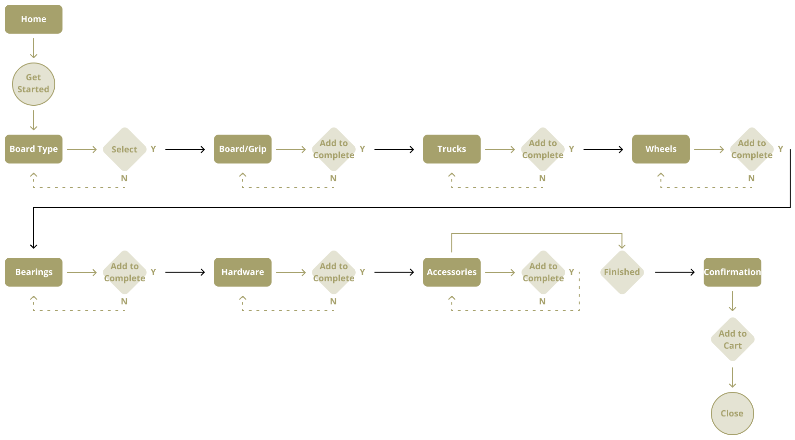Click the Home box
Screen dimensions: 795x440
pyautogui.click(x=34, y=19)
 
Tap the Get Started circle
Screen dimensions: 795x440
pyautogui.click(x=34, y=84)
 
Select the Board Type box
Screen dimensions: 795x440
pyautogui.click(x=34, y=149)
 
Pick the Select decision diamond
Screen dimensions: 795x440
pyautogui.click(x=124, y=149)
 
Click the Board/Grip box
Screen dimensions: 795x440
pyautogui.click(x=243, y=149)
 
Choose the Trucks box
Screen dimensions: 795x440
pyautogui.click(x=452, y=149)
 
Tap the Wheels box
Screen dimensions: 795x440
pyautogui.click(x=661, y=149)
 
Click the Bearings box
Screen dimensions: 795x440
pyautogui.click(x=34, y=272)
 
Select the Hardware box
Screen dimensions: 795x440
pyautogui.click(x=243, y=272)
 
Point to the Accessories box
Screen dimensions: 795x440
pyautogui.click(x=452, y=272)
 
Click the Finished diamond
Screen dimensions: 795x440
pyautogui.click(x=622, y=272)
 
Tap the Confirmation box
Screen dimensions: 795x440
pyautogui.click(x=733, y=272)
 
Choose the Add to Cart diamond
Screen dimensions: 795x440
pyautogui.click(x=733, y=339)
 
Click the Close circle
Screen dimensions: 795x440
pyautogui.click(x=733, y=414)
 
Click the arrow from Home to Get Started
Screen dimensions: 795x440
pyautogui.click(x=34, y=48)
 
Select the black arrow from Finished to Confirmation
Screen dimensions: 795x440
pyautogui.click(x=674, y=272)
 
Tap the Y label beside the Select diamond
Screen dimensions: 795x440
pyautogui.click(x=153, y=149)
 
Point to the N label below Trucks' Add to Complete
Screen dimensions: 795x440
pyautogui.click(x=542, y=178)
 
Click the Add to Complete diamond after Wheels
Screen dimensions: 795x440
pyautogui.click(x=752, y=149)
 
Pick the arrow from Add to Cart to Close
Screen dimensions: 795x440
pyautogui.click(x=733, y=377)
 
